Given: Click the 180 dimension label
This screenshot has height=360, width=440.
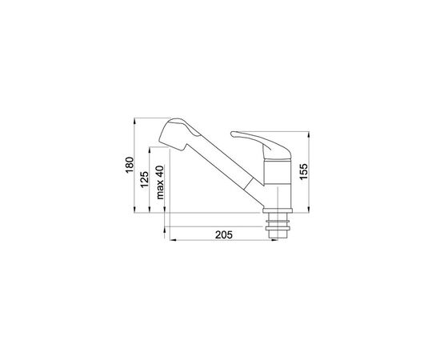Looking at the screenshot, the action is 130,165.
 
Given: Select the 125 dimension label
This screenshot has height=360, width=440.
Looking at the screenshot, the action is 144,179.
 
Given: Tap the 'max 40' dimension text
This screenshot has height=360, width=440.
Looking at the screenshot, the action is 160,182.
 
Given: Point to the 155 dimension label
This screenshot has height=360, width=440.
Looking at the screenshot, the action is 303,171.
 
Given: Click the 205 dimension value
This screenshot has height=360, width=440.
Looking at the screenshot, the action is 224,235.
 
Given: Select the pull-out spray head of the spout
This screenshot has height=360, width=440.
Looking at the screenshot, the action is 178,134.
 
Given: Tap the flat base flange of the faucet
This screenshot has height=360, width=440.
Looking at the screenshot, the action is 278,210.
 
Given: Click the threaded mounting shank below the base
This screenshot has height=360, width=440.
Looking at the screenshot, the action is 278,226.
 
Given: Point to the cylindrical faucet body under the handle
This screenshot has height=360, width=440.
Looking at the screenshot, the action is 278,184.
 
